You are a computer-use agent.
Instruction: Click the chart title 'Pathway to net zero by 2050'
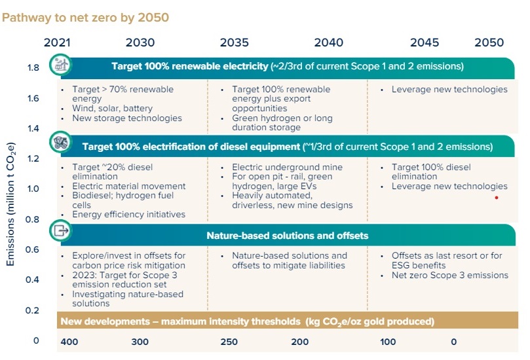85,17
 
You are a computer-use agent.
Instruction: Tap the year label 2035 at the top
234,43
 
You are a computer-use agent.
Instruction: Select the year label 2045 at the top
425,43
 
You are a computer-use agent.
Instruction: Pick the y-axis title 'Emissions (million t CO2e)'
10,204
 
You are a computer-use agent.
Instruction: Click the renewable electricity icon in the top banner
62,65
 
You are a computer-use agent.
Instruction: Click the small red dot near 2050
497,197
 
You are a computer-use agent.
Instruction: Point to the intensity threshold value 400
69,342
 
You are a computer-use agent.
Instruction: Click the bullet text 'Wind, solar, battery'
113,109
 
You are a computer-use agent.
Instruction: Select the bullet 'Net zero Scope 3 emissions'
449,275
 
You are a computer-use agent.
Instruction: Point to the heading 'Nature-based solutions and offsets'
287,236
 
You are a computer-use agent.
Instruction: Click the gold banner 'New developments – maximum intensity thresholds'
247,322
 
